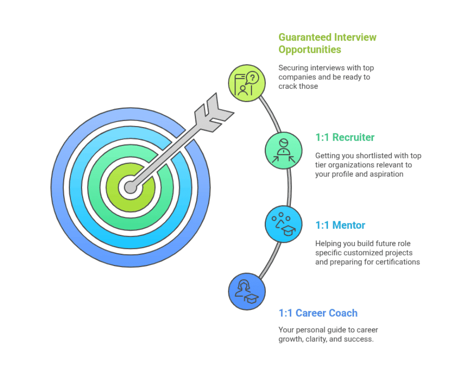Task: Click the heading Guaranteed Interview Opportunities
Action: point(328,43)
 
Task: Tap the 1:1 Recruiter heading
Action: point(345,137)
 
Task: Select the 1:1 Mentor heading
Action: point(340,225)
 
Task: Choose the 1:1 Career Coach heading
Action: point(318,313)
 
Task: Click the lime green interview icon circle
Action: point(247,83)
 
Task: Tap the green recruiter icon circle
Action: point(283,150)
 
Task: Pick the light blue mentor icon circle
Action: point(283,224)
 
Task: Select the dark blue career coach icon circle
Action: point(247,292)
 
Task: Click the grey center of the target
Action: point(130,187)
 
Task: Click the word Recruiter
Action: point(353,137)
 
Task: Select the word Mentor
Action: point(348,225)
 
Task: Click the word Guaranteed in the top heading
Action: point(306,37)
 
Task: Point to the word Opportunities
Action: point(310,49)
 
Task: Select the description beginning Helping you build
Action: point(367,252)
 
